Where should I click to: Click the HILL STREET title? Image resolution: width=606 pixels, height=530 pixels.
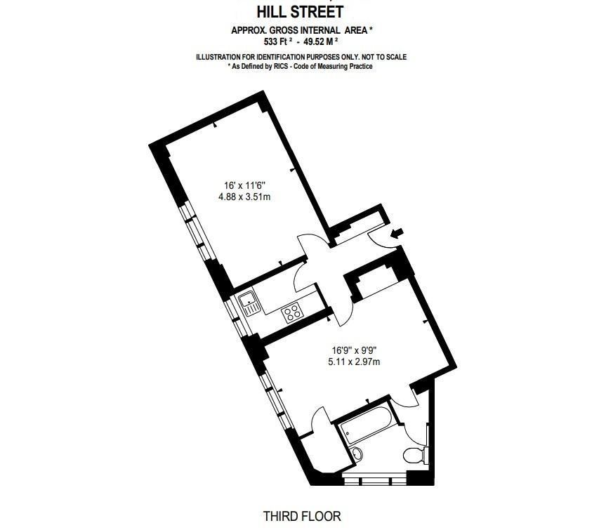pyautogui.click(x=300, y=12)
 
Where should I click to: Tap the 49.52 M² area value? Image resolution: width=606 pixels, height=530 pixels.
pyautogui.click(x=321, y=41)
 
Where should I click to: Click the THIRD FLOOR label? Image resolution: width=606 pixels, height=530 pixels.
pyautogui.click(x=302, y=516)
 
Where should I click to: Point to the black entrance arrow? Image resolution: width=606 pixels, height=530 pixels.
pyautogui.click(x=397, y=233)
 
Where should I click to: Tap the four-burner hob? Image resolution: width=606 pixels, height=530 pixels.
pyautogui.click(x=293, y=313)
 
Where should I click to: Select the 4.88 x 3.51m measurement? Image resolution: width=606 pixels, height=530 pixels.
pyautogui.click(x=244, y=197)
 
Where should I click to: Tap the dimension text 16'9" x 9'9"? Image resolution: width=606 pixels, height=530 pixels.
pyautogui.click(x=354, y=350)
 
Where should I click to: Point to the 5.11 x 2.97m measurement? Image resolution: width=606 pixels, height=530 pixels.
pyautogui.click(x=354, y=362)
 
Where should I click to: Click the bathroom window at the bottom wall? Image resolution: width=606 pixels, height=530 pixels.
pyautogui.click(x=374, y=481)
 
